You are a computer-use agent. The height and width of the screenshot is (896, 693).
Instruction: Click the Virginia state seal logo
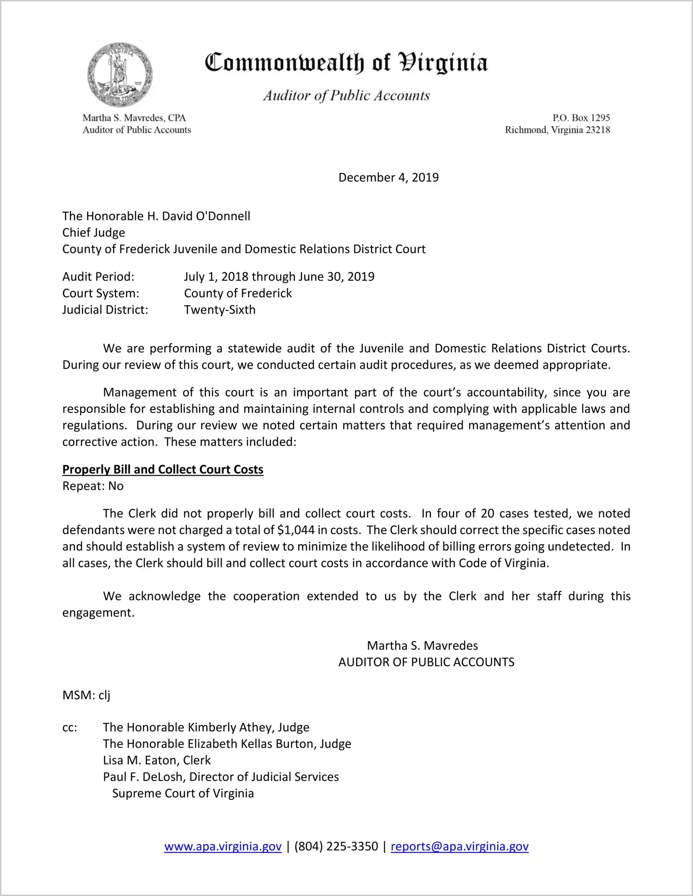(x=120, y=75)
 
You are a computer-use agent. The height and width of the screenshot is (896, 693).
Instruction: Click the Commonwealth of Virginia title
(x=346, y=63)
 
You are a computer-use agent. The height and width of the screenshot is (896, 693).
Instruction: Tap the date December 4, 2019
(x=388, y=178)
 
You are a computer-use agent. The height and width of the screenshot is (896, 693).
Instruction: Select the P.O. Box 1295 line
(x=581, y=118)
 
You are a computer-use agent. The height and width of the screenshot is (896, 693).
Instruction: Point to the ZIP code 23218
(x=597, y=130)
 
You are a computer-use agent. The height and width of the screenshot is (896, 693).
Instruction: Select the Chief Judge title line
(x=94, y=232)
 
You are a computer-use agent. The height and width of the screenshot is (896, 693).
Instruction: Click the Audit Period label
(x=98, y=277)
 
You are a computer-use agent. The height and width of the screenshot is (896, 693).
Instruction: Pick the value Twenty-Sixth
(x=219, y=310)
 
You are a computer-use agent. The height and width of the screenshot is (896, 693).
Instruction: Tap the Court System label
(x=101, y=293)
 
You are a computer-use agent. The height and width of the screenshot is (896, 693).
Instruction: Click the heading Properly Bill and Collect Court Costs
(x=163, y=470)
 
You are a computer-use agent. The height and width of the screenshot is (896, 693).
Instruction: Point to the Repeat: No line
(x=93, y=486)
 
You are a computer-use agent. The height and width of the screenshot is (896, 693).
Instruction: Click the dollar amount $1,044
(x=296, y=530)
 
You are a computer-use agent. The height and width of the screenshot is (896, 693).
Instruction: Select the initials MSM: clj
(x=86, y=695)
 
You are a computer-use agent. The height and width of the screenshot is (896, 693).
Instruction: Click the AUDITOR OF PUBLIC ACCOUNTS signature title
(x=426, y=662)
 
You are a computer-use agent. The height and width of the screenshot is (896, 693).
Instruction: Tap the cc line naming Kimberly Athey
(x=206, y=728)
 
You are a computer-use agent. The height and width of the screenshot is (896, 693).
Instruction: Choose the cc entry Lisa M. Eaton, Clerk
(x=157, y=761)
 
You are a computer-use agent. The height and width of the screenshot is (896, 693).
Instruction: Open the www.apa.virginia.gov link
(x=223, y=846)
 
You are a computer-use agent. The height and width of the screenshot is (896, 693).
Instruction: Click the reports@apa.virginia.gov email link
(x=459, y=846)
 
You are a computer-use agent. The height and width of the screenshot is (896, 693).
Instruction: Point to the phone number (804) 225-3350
(x=336, y=846)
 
